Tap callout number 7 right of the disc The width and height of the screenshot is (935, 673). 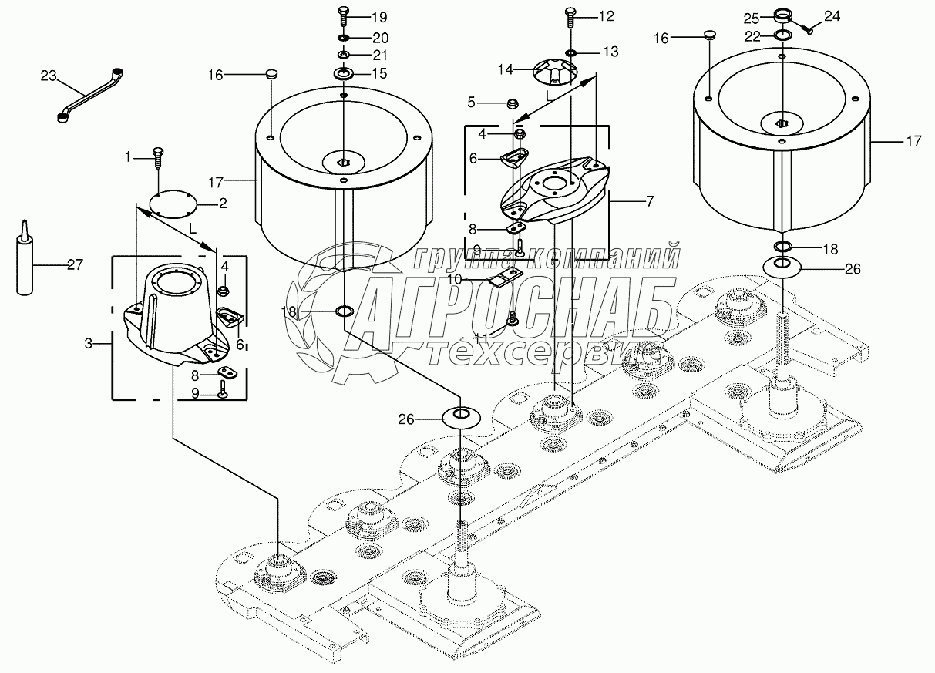(x=649, y=201)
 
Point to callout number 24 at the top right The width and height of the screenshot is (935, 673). (x=832, y=15)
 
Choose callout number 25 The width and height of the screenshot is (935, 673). (x=752, y=19)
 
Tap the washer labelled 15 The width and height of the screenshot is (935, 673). (x=343, y=73)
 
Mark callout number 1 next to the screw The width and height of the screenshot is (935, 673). (x=129, y=158)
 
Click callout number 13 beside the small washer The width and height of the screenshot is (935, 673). (x=610, y=52)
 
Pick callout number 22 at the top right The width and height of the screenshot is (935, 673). (x=752, y=35)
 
